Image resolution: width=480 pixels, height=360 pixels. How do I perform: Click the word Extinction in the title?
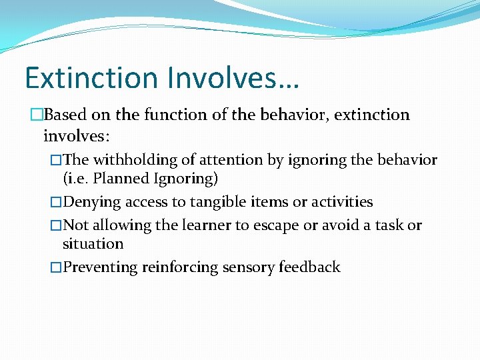click(91, 78)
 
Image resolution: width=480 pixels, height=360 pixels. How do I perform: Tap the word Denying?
click(93, 202)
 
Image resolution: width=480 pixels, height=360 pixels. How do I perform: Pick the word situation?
click(93, 244)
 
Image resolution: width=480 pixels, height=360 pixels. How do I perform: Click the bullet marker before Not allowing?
click(56, 225)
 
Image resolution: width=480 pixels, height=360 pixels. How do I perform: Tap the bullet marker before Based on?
click(37, 115)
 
